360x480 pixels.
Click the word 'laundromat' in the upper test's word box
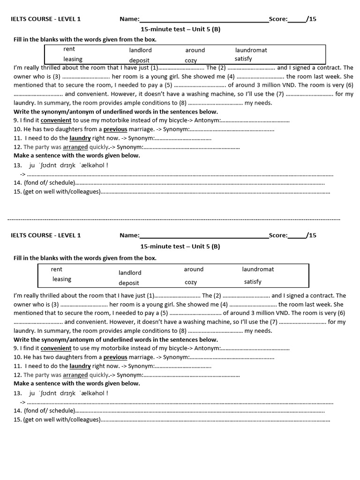coord(251,50)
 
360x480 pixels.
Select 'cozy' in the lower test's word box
coord(191,282)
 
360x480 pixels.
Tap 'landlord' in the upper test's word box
coord(141,50)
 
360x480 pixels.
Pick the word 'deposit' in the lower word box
coord(129,283)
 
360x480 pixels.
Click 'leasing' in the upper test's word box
coord(73,59)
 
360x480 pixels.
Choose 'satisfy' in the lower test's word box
coord(253,282)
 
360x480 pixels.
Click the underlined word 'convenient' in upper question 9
coord(56,120)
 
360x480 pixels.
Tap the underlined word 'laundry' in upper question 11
coord(80,138)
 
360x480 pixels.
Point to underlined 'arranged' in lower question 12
coord(75,375)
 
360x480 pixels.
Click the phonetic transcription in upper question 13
coord(68,165)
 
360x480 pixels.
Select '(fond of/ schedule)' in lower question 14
coord(49,411)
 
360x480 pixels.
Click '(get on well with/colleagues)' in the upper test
coord(61,191)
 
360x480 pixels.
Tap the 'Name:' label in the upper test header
coord(129,19)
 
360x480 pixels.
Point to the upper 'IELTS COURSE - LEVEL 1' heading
coord(46,19)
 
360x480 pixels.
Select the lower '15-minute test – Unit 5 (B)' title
coord(180,246)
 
